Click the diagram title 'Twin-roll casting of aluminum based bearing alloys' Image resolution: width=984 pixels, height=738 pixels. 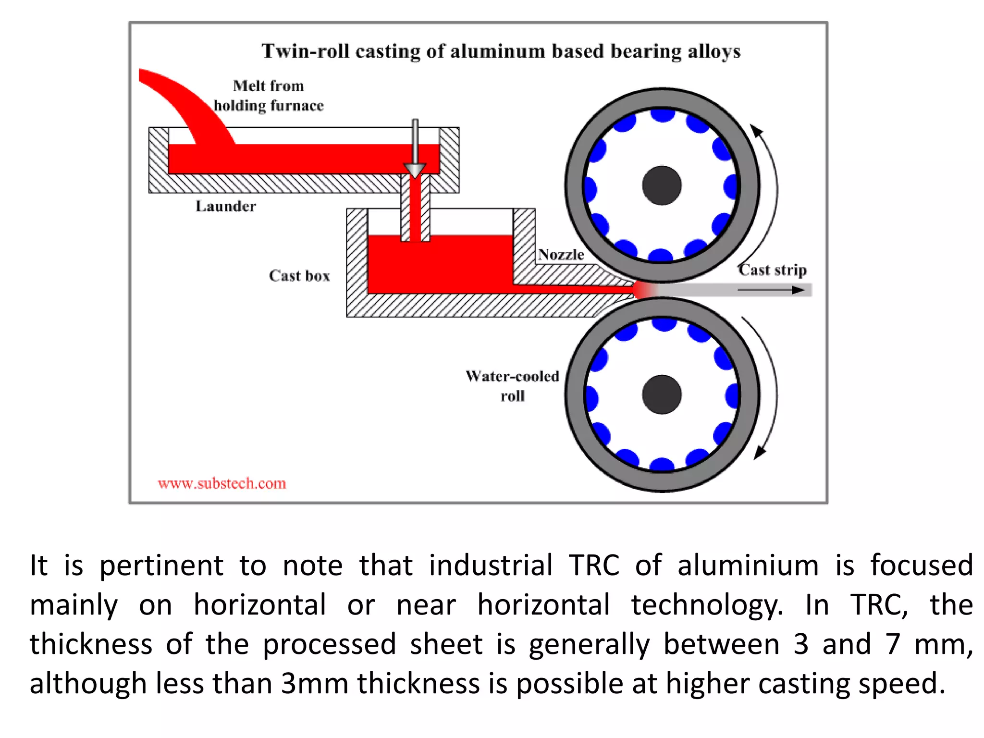[501, 51]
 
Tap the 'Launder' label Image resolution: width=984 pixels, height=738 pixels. [225, 206]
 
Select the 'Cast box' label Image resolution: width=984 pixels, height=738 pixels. [299, 276]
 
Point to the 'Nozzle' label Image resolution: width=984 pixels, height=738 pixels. [561, 255]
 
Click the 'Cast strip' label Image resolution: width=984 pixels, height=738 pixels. [773, 270]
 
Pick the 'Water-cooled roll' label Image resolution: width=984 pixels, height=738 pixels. [513, 386]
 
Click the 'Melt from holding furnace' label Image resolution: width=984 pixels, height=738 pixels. [269, 96]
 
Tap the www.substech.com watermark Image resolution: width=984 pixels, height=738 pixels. [222, 483]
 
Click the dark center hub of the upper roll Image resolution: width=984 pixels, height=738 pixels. [662, 185]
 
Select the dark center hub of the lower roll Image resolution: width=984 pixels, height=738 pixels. [662, 394]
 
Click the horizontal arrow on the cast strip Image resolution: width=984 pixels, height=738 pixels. [771, 290]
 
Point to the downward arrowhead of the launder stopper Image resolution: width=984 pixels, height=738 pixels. [415, 170]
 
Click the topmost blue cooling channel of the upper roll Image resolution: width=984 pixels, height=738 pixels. [663, 115]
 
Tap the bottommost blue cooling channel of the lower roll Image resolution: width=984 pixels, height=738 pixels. [662, 464]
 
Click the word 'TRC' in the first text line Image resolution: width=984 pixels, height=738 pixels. [594, 565]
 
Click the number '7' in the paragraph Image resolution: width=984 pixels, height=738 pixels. [893, 644]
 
